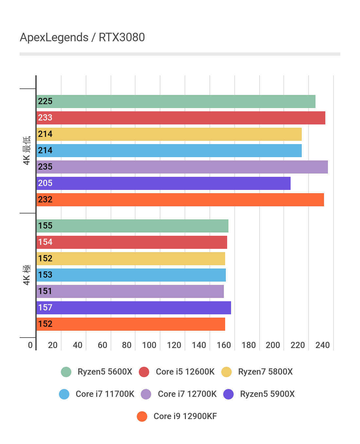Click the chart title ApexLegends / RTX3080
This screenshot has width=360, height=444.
point(82,37)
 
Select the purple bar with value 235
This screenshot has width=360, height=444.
point(182,167)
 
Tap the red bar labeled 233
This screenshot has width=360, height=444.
point(181,118)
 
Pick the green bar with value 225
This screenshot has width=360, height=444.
point(176,102)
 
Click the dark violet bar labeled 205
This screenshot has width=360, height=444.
point(163,183)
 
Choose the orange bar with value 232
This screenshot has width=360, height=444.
point(180,200)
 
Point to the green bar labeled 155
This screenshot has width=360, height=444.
point(132,226)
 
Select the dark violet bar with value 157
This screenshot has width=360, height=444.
point(134,308)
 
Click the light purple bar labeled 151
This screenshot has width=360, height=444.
point(130,291)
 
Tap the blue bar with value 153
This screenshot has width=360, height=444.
point(131,275)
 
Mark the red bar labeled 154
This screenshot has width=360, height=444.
point(132,242)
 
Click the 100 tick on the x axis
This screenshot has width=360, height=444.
point(149,345)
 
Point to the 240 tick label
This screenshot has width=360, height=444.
point(322,345)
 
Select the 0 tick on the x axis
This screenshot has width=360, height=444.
point(30,345)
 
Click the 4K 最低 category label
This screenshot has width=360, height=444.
point(27,151)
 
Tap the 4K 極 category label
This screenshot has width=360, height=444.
point(27,275)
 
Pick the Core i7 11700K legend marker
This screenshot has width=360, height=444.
point(64,394)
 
